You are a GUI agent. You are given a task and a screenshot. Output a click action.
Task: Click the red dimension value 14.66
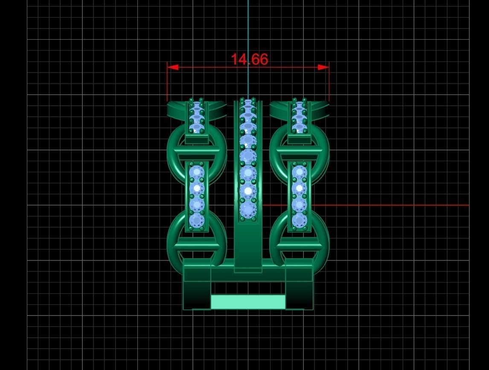(x=249, y=59)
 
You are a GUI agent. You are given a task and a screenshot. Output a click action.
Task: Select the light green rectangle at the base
(x=248, y=301)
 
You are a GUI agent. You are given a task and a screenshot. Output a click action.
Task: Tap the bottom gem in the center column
(x=247, y=210)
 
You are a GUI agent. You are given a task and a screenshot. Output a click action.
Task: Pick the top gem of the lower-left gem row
(x=197, y=173)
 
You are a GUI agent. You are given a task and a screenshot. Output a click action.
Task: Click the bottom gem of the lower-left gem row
(x=197, y=220)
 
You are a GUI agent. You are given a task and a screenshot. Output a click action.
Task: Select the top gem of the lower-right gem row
(x=299, y=173)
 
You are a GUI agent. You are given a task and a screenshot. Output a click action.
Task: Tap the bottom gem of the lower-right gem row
(x=299, y=220)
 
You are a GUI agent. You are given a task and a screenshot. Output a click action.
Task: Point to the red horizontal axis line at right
(x=384, y=205)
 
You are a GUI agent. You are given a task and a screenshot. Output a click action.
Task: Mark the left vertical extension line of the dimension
(x=167, y=85)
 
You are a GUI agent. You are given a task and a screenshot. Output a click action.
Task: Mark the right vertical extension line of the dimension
(x=329, y=85)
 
